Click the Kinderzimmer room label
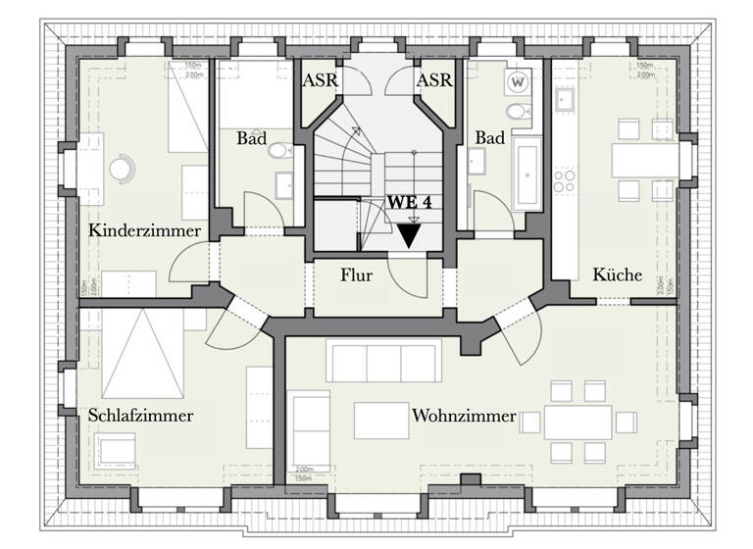(144, 231)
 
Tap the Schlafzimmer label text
(140, 416)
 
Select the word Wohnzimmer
(464, 417)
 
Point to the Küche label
(617, 275)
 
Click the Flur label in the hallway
(357, 276)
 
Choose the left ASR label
(321, 80)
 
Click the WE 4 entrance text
(410, 202)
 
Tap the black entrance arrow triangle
(409, 235)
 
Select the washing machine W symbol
(518, 81)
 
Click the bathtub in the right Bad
(526, 175)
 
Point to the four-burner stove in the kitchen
(566, 181)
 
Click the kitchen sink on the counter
(566, 99)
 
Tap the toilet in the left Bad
(280, 151)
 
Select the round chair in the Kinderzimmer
(121, 169)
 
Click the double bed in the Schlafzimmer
(143, 354)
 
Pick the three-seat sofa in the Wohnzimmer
(377, 362)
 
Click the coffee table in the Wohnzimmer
(381, 421)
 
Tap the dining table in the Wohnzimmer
(578, 423)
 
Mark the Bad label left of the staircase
(252, 138)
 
